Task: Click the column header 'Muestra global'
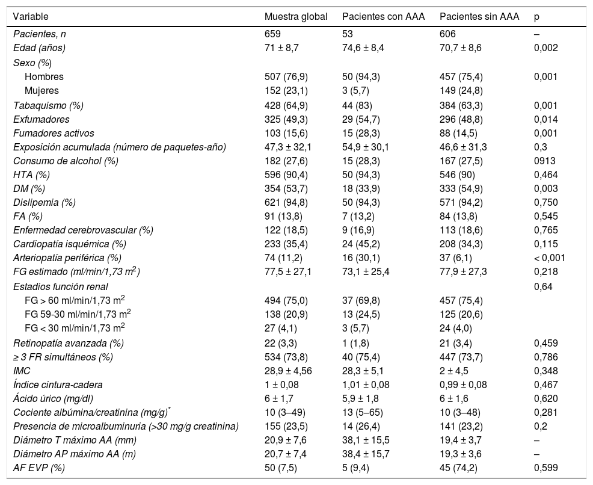point(295,17)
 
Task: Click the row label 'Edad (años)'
point(39,48)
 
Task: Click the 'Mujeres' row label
point(41,91)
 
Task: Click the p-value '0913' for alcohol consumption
point(544,161)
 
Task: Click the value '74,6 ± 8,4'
point(361,48)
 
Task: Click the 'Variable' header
point(31,17)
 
